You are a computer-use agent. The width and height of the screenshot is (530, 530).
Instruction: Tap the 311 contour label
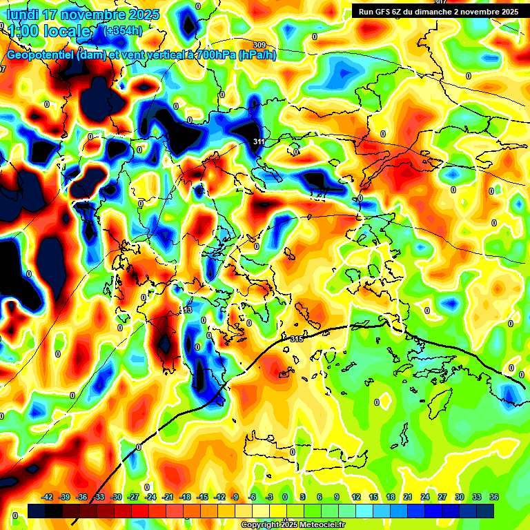[259, 142]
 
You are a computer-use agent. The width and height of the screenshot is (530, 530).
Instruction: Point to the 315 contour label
[297, 339]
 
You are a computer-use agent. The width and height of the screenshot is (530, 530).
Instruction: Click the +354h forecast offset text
[123, 30]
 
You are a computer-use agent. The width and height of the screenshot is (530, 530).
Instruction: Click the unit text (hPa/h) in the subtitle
[257, 55]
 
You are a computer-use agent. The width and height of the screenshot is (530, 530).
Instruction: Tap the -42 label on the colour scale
[48, 497]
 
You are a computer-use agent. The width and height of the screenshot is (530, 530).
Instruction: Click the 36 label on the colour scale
[493, 497]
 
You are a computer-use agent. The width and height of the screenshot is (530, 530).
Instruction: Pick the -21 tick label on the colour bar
[168, 497]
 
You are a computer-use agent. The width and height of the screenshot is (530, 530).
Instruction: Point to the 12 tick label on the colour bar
[356, 497]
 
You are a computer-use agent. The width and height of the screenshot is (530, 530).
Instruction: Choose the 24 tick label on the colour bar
[425, 497]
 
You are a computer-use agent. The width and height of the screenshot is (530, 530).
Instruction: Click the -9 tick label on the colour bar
[235, 497]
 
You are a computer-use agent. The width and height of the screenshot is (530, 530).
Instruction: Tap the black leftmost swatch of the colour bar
[37, 510]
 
